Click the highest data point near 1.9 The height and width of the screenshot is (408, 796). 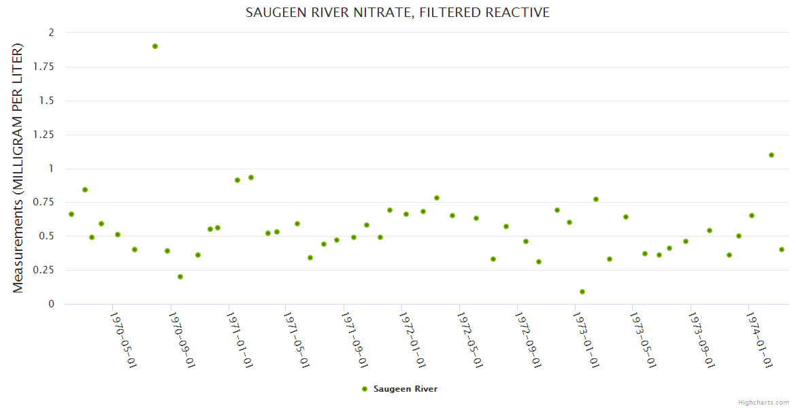pos(155,46)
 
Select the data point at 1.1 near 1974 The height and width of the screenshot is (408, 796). pos(772,155)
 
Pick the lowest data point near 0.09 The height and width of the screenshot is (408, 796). pos(582,292)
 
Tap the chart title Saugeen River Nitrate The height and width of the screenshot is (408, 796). pos(397,12)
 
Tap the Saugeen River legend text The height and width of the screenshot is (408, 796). pos(405,389)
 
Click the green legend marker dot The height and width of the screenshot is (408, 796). pos(365,389)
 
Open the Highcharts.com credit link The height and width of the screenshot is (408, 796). pos(763,402)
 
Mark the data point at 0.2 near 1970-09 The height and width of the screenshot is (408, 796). pos(180,277)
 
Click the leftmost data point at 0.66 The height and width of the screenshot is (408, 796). pos(71,214)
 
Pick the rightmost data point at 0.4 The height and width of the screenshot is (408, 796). pos(782,250)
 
